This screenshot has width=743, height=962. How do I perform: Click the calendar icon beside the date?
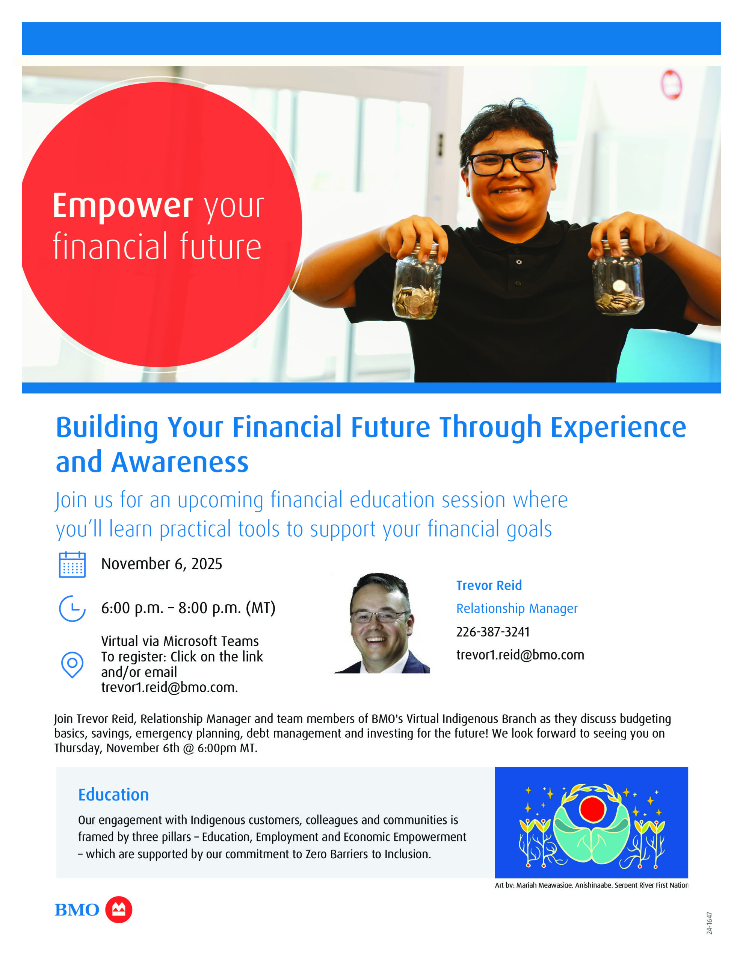pyautogui.click(x=72, y=564)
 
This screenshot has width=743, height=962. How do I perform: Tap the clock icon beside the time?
pyautogui.click(x=72, y=608)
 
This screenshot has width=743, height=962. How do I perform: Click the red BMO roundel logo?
pyautogui.click(x=118, y=910)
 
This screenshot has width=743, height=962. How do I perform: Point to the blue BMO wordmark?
pyautogui.click(x=77, y=910)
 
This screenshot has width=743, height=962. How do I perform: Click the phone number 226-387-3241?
pyautogui.click(x=493, y=632)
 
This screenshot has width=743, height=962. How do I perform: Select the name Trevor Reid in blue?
pyautogui.click(x=489, y=585)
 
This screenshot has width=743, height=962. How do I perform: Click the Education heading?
pyautogui.click(x=114, y=795)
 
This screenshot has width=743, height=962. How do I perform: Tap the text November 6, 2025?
pyautogui.click(x=162, y=564)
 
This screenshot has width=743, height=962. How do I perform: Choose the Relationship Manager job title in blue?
pyautogui.click(x=516, y=608)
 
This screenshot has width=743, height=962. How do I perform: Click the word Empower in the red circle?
pyautogui.click(x=122, y=206)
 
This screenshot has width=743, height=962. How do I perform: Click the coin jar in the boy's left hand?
pyautogui.click(x=618, y=277)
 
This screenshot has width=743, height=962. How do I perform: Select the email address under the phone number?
pyautogui.click(x=520, y=655)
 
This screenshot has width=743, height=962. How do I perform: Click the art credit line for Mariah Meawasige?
pyautogui.click(x=592, y=885)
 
